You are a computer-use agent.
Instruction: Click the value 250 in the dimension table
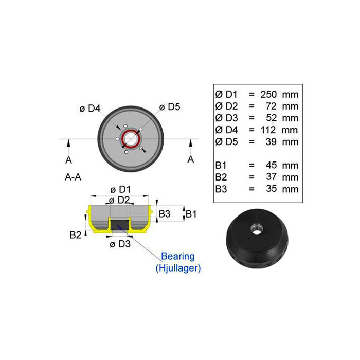click(268, 94)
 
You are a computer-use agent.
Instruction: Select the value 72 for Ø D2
click(271, 106)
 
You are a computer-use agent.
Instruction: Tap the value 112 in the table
click(268, 130)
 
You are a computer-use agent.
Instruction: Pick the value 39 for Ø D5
click(271, 142)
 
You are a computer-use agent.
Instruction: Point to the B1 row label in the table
click(221, 165)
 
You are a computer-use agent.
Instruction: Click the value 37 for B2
click(271, 177)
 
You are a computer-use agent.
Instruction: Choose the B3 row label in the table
click(221, 189)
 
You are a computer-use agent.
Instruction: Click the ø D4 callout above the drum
click(90, 109)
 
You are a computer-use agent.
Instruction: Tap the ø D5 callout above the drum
click(170, 107)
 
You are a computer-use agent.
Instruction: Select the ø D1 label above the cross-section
click(120, 190)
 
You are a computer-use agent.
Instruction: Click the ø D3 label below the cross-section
click(120, 244)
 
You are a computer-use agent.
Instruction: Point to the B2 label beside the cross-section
click(75, 235)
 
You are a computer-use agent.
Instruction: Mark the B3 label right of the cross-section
click(165, 214)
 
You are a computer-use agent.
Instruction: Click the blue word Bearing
click(178, 256)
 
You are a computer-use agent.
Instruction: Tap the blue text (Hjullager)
click(178, 268)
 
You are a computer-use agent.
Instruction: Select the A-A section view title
click(73, 177)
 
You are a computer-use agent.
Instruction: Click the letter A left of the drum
click(68, 160)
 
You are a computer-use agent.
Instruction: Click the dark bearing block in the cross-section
click(120, 225)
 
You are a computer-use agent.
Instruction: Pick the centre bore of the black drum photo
click(256, 231)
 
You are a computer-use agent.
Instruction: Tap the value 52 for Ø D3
click(271, 118)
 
